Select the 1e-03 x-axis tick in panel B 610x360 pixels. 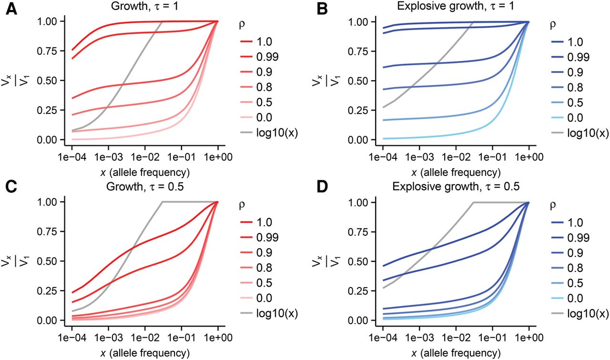tap(419, 156)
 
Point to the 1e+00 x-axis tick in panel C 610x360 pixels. tap(218, 337)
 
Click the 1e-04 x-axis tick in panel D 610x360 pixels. tap(382, 337)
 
